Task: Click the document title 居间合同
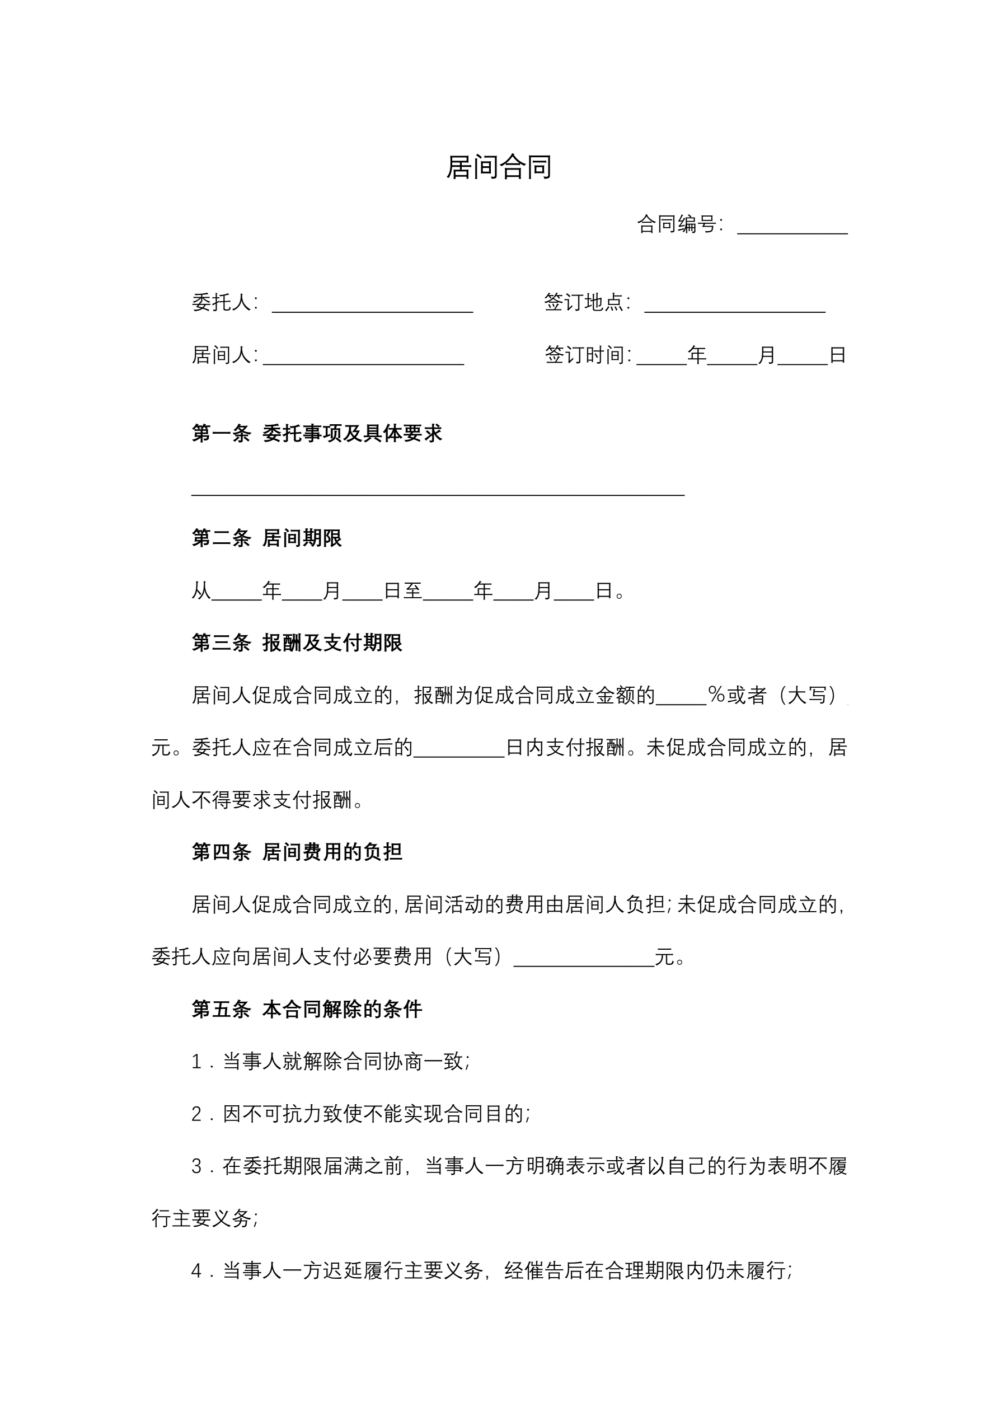pos(498,167)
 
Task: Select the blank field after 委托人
pos(372,306)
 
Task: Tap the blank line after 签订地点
pos(734,306)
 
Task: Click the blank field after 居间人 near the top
pos(363,359)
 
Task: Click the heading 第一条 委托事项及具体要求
pos(317,434)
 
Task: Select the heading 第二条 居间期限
pos(266,538)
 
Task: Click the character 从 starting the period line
pos(201,591)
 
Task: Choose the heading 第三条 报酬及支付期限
pos(297,642)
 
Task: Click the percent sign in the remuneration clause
pos(716,695)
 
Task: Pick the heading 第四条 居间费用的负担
pos(297,852)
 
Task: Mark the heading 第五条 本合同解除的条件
pos(306,1009)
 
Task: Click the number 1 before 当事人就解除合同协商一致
pos(197,1062)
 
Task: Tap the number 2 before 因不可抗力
pos(197,1114)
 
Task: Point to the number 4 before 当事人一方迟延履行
pos(197,1270)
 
